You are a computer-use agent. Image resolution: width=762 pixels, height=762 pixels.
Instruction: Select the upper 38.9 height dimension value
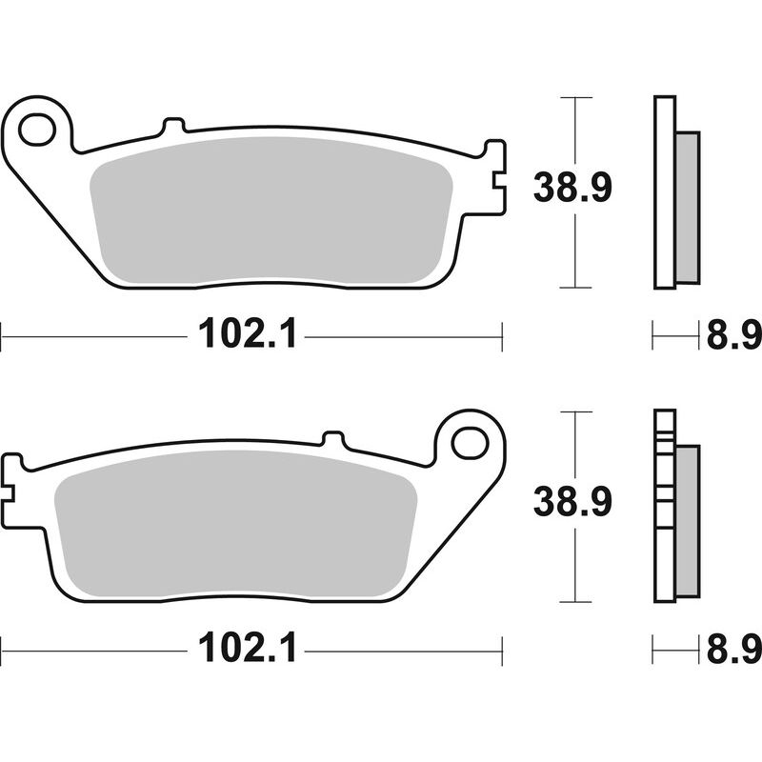pos(571,188)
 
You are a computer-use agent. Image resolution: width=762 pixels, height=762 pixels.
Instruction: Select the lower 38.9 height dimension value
pos(571,502)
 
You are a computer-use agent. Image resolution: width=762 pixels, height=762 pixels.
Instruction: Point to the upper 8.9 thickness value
pos(732,334)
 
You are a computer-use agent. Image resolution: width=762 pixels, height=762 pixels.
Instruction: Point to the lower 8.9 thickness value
pos(732,651)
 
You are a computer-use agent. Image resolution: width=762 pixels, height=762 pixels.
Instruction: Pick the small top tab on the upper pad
pos(172,125)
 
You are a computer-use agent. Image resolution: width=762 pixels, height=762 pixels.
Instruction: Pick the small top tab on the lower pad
pos(332,439)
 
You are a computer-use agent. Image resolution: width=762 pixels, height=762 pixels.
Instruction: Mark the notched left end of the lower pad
pos(11,476)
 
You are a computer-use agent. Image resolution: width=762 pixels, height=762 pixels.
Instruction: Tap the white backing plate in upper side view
pos(664,190)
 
